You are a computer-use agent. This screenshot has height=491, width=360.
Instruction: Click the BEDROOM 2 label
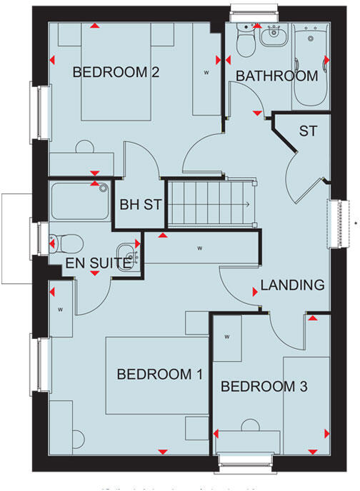115,72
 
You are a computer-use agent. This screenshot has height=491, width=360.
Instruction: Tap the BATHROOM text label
276,76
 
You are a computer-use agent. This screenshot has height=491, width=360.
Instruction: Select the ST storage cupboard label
308,131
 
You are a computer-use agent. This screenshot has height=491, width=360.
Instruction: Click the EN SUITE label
97,263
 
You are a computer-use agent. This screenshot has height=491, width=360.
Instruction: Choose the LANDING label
292,285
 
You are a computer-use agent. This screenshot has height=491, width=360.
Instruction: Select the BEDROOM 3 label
264,387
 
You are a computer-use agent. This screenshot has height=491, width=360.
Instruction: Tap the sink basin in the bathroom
272,36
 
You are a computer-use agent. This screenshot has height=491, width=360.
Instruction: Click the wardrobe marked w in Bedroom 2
206,72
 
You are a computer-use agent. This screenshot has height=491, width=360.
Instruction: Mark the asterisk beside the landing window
355,224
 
